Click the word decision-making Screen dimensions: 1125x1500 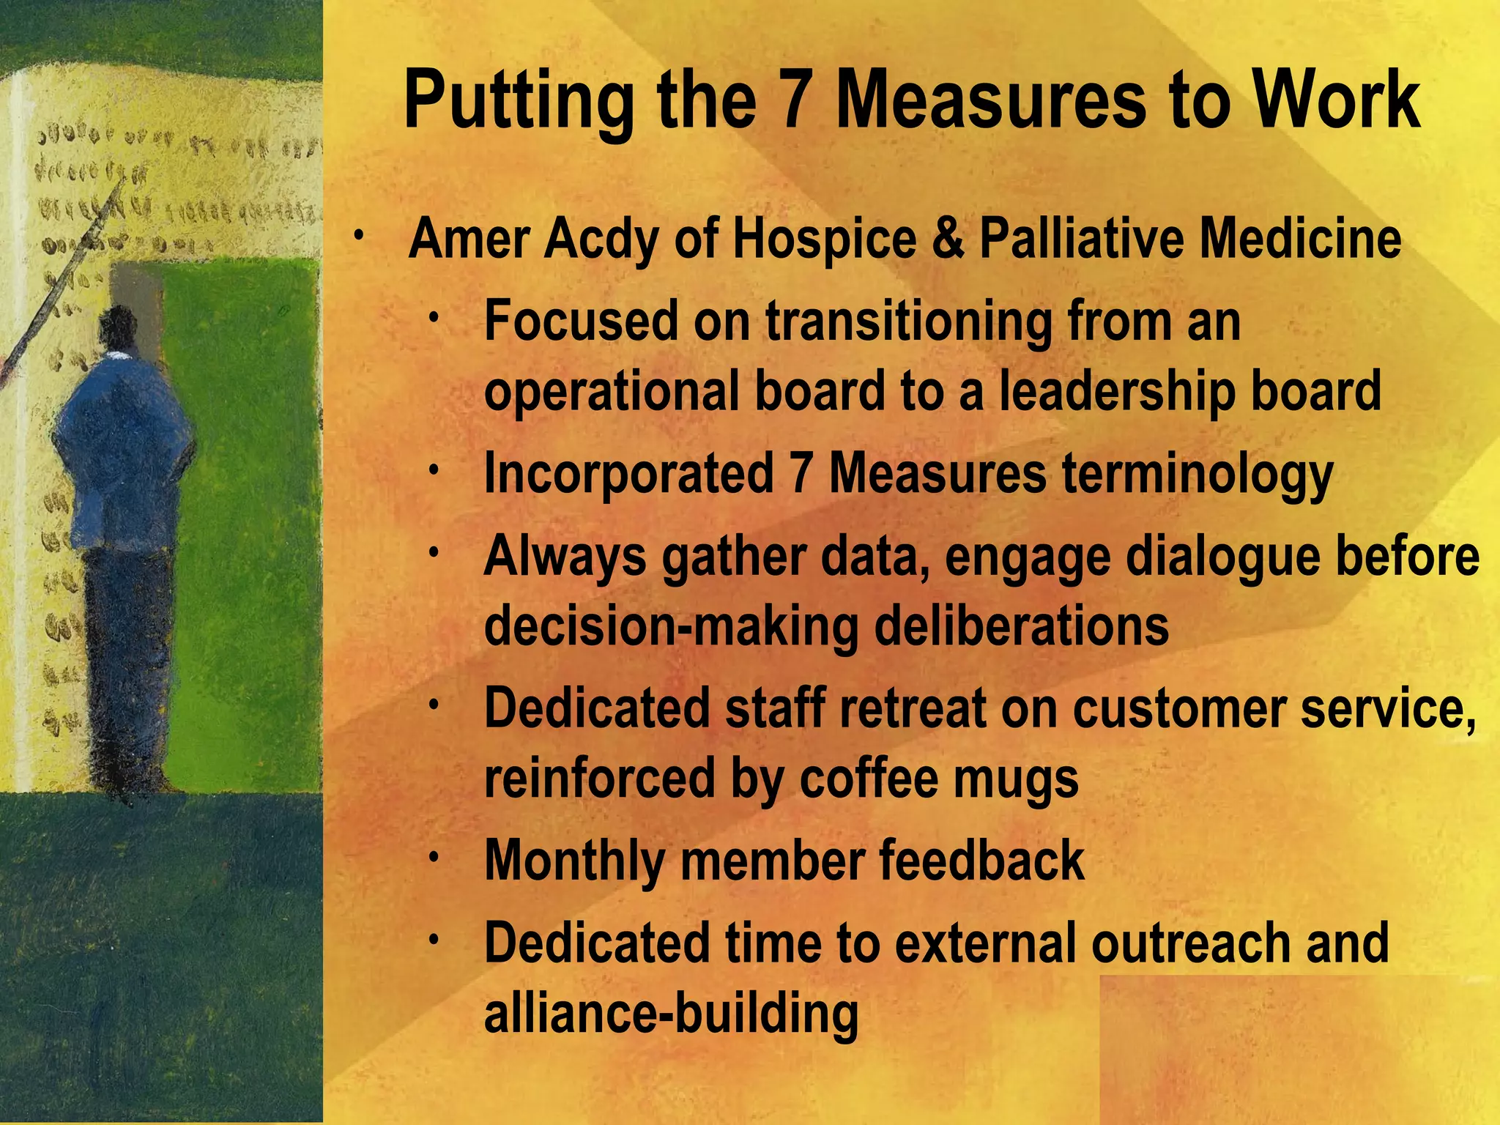[x=672, y=627]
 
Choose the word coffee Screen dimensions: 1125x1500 [x=869, y=778]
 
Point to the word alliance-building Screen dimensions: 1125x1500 [x=671, y=1014]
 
